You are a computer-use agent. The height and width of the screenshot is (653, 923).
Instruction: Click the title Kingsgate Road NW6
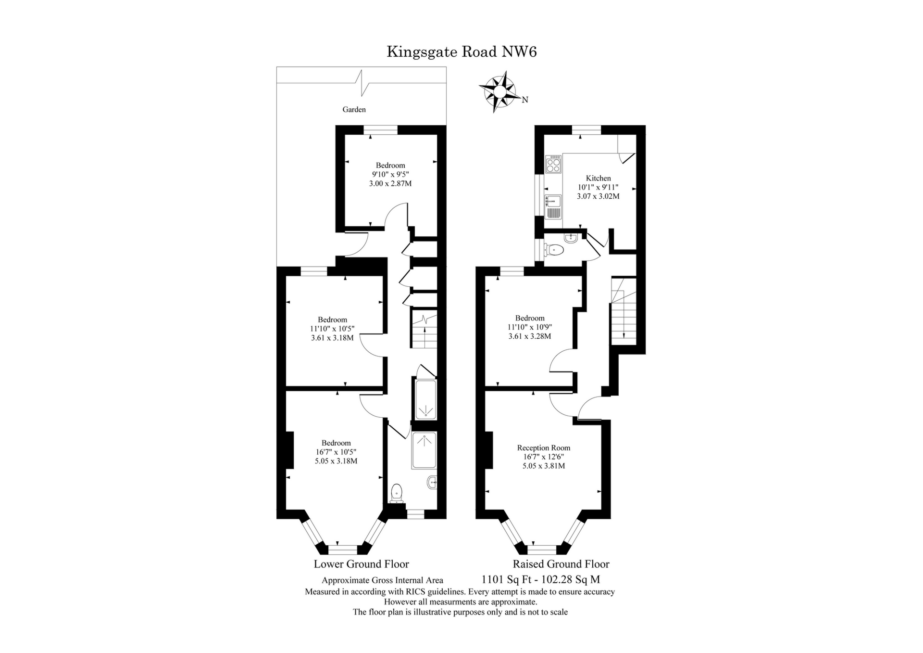click(461, 51)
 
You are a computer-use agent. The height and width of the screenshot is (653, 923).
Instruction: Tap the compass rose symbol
click(499, 90)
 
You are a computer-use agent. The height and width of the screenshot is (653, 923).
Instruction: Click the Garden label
click(354, 110)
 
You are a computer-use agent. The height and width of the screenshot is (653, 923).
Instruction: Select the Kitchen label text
click(598, 178)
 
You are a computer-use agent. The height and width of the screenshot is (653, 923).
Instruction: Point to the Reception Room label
click(543, 448)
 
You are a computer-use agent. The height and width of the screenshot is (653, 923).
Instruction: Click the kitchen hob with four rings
click(553, 164)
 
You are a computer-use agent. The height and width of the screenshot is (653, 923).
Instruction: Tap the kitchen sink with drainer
click(553, 207)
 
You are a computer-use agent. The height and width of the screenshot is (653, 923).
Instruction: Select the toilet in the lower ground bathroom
click(397, 492)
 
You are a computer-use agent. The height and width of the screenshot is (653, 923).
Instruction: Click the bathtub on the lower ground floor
click(424, 399)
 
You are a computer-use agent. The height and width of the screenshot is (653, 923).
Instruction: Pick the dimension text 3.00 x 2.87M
click(390, 183)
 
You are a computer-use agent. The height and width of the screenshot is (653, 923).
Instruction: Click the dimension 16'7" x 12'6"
click(543, 457)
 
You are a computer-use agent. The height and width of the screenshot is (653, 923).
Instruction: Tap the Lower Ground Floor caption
click(361, 564)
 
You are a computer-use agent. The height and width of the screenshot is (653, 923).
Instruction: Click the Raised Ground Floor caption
click(561, 564)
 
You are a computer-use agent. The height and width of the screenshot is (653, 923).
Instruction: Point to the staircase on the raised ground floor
click(624, 311)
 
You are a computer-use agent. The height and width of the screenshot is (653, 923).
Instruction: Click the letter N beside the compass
click(525, 100)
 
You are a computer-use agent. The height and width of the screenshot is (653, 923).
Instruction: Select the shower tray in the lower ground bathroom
click(424, 450)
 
